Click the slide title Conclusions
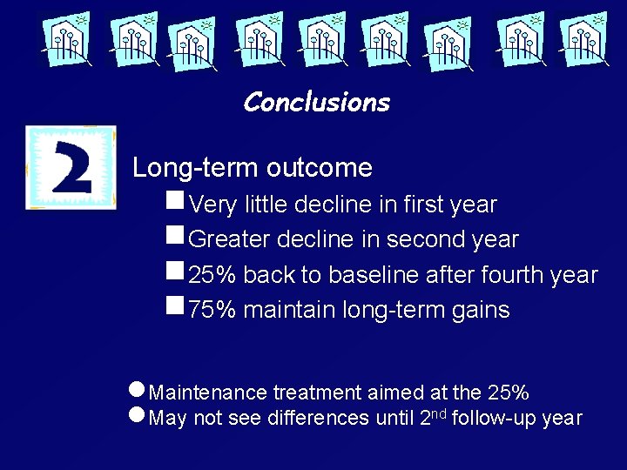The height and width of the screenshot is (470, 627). point(316,103)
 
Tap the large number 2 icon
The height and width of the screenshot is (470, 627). point(71,167)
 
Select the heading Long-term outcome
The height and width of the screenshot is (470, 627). point(252,167)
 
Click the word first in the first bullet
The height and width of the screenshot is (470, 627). point(424,205)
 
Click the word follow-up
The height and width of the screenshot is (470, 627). point(494,418)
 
